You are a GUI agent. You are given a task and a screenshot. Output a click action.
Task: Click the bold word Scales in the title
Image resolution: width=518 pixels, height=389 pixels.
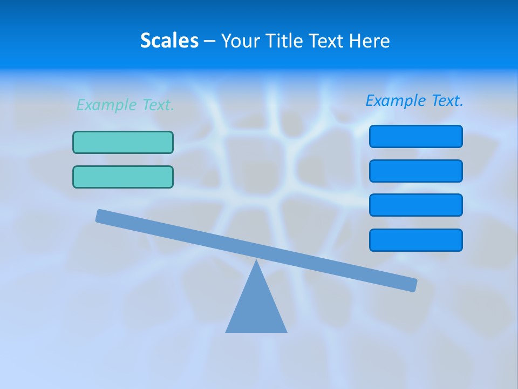(x=169, y=41)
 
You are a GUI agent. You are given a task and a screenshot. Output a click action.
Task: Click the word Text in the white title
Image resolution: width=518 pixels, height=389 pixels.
(x=327, y=41)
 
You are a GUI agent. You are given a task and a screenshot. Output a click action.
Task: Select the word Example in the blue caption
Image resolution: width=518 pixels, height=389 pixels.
(x=396, y=100)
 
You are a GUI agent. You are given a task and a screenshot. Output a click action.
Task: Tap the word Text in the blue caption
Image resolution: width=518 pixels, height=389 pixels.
(x=447, y=100)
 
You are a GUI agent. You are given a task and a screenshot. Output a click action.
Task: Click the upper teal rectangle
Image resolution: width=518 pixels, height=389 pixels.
(x=123, y=143)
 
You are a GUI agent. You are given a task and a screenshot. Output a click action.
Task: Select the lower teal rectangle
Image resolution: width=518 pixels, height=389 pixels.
(x=123, y=177)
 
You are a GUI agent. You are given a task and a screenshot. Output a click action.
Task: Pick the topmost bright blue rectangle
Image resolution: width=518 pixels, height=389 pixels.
(x=415, y=136)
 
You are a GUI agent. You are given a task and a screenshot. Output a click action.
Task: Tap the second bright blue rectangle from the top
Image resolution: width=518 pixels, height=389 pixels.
(x=415, y=171)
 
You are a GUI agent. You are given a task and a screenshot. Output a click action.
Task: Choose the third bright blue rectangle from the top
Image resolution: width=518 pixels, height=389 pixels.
(x=415, y=205)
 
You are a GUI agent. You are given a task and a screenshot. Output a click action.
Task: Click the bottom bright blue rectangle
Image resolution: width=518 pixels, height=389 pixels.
(x=415, y=240)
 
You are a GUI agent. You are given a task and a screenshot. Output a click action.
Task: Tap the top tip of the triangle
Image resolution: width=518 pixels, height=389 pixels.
(x=256, y=261)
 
